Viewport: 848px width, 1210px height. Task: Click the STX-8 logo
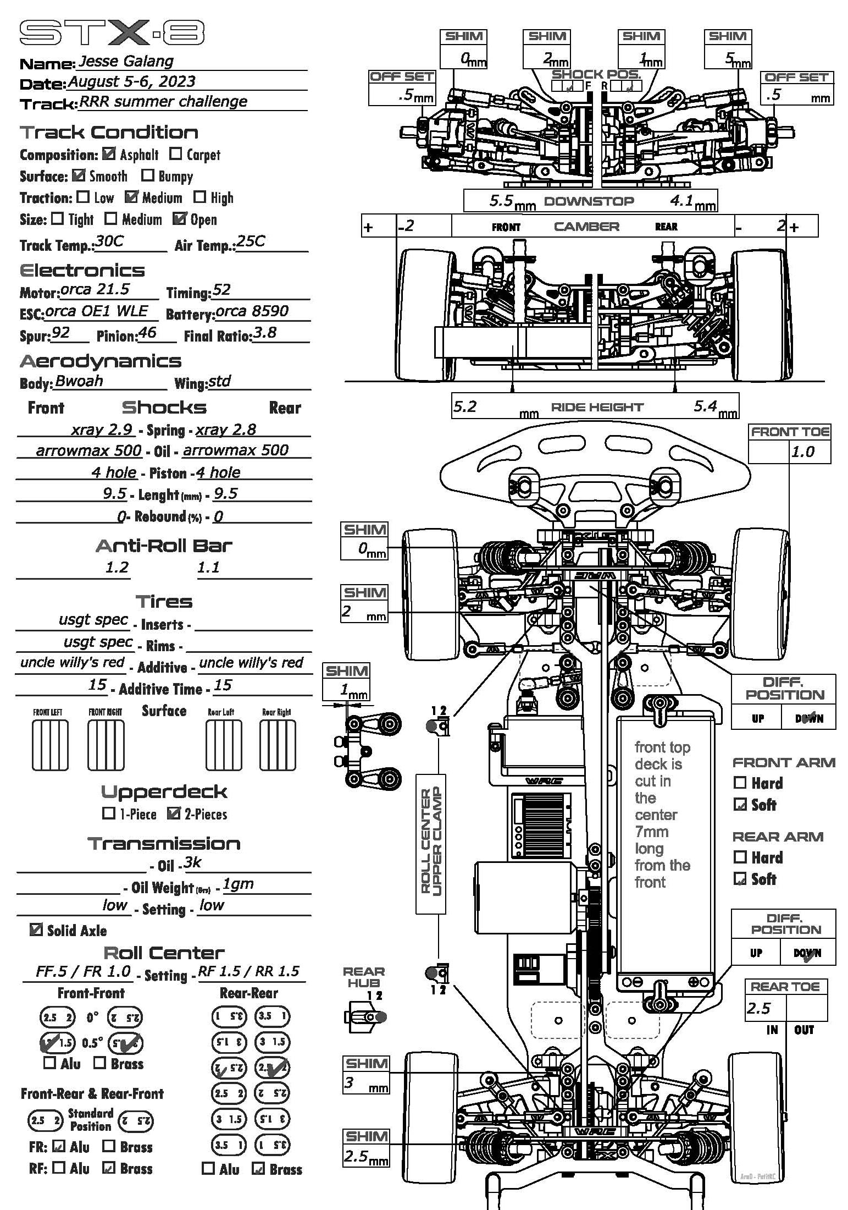[x=112, y=33]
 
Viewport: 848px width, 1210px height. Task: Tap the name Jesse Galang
[x=126, y=61]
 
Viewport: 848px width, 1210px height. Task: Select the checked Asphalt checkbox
[x=109, y=154]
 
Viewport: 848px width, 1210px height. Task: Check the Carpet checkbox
[x=176, y=154]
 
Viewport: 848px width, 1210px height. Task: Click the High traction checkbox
[x=200, y=197]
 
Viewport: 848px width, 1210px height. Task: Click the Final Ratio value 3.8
[x=264, y=333]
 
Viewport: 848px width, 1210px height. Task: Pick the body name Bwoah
[x=79, y=381]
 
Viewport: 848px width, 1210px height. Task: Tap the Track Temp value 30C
[x=109, y=242]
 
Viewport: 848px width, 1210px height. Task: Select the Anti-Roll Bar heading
[x=164, y=546]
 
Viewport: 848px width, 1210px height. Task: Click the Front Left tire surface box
[x=50, y=745]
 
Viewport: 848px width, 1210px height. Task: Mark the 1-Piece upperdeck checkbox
[x=109, y=813]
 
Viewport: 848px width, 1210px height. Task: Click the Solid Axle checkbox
[x=36, y=930]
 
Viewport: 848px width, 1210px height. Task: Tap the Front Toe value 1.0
[x=802, y=452]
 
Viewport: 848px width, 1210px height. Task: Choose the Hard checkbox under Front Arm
[x=740, y=783]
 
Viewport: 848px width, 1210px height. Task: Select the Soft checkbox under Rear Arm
[x=740, y=879]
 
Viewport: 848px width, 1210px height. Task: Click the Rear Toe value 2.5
[x=758, y=1008]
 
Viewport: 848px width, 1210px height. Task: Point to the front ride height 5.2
[x=465, y=406]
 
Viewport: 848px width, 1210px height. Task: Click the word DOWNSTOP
[x=589, y=201]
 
